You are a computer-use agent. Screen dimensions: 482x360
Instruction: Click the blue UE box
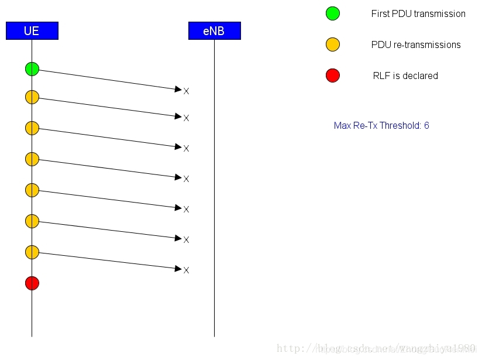tap(32, 31)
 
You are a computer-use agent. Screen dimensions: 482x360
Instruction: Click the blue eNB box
tap(214, 31)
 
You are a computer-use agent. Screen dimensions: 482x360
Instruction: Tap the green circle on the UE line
tap(32, 69)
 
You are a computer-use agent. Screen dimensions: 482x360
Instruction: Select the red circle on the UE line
tap(32, 283)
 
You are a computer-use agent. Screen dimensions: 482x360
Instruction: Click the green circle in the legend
tap(333, 13)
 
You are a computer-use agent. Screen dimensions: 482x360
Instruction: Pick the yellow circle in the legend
tap(333, 44)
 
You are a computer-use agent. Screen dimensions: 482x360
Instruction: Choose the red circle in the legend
tap(333, 76)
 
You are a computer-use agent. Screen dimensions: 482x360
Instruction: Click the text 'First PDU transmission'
tap(418, 13)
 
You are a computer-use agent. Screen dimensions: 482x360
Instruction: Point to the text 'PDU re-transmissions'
tap(416, 44)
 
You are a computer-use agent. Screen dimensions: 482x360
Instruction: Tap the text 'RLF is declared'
tap(405, 76)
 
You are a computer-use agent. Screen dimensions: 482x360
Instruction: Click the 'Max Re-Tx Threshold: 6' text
tap(381, 125)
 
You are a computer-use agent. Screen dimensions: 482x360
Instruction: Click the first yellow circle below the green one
tap(32, 97)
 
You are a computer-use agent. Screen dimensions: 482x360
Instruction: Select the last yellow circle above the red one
tap(32, 252)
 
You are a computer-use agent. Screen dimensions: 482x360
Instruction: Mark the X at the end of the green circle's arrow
tap(187, 91)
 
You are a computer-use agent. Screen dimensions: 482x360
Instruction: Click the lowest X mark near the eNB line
tap(187, 270)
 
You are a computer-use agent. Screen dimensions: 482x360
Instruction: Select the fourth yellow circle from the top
tap(32, 190)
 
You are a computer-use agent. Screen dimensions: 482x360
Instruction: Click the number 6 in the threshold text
tap(426, 125)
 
